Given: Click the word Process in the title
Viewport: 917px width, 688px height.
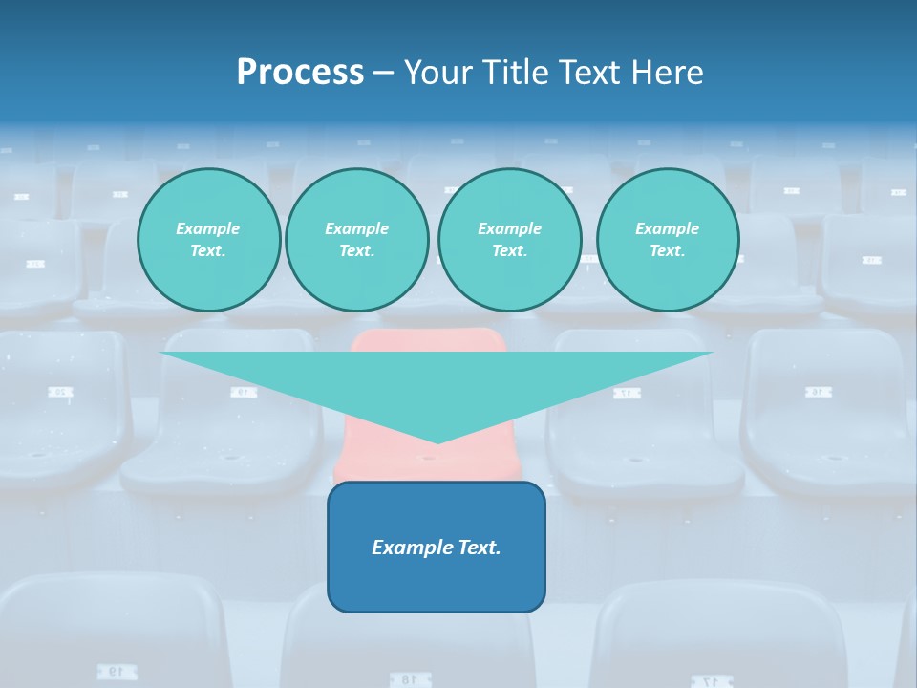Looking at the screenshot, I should click(300, 73).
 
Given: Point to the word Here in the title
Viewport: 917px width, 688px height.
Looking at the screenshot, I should click(669, 73).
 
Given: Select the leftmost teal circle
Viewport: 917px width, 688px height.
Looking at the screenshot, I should click(208, 239).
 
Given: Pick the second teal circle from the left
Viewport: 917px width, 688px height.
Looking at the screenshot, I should click(356, 239).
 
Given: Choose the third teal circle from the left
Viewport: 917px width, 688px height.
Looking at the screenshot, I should click(509, 239).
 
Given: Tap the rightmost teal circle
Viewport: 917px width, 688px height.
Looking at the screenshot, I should click(668, 239).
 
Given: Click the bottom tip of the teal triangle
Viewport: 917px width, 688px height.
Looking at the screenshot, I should click(437, 441).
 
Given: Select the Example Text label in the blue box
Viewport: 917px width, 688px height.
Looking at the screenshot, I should click(437, 548).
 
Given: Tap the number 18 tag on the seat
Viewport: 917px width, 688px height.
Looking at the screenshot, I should click(408, 679).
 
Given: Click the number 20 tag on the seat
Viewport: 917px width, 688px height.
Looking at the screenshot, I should click(59, 392).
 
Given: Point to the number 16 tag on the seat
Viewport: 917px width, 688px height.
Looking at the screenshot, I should click(817, 392).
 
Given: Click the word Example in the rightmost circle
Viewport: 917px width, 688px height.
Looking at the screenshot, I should click(668, 228).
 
